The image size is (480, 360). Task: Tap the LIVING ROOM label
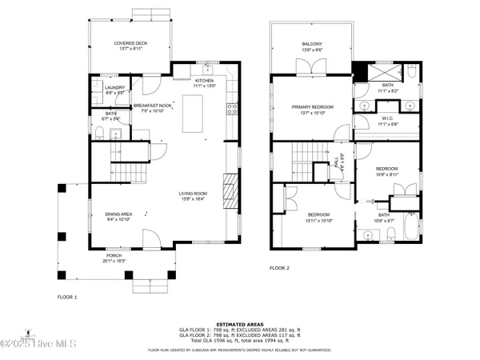193,194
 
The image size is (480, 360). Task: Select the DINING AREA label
118,214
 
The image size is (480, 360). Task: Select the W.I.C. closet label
386,119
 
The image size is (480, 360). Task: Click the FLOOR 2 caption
278,268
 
